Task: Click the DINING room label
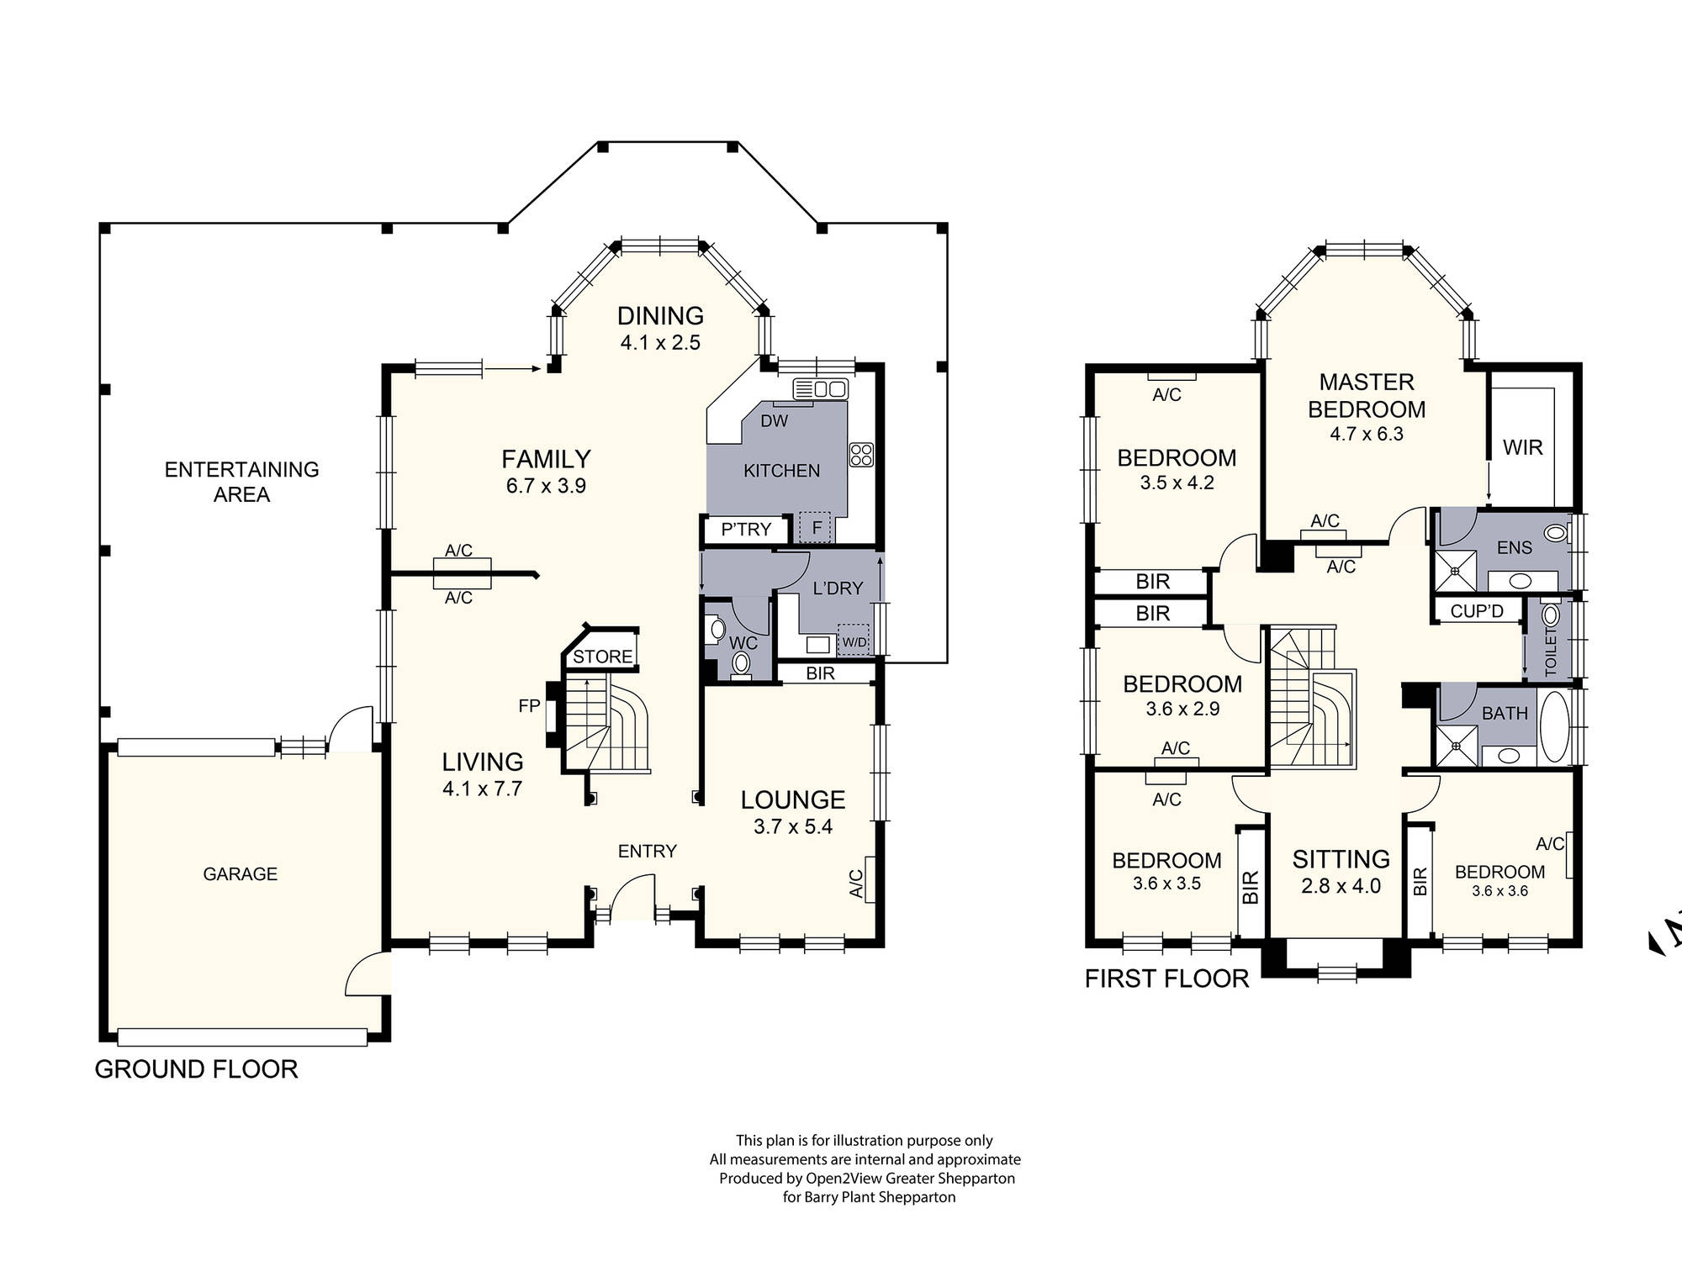(660, 316)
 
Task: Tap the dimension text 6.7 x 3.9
(546, 486)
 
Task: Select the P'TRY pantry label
(746, 530)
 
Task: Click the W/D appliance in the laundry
(854, 641)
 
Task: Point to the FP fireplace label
(529, 706)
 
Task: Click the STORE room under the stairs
(602, 657)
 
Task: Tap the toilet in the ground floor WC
(741, 663)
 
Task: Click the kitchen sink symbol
(820, 389)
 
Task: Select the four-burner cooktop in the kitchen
(861, 455)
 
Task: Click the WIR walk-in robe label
(1522, 447)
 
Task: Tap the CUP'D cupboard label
(1477, 611)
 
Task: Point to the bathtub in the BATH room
(1554, 727)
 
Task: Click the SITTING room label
(1341, 859)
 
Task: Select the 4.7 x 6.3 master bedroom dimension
(1366, 435)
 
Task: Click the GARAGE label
(240, 874)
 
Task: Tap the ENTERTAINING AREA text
(241, 482)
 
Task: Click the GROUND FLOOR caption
(196, 1069)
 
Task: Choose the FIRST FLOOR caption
(1166, 979)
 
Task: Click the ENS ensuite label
(1514, 548)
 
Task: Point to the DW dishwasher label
(774, 421)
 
